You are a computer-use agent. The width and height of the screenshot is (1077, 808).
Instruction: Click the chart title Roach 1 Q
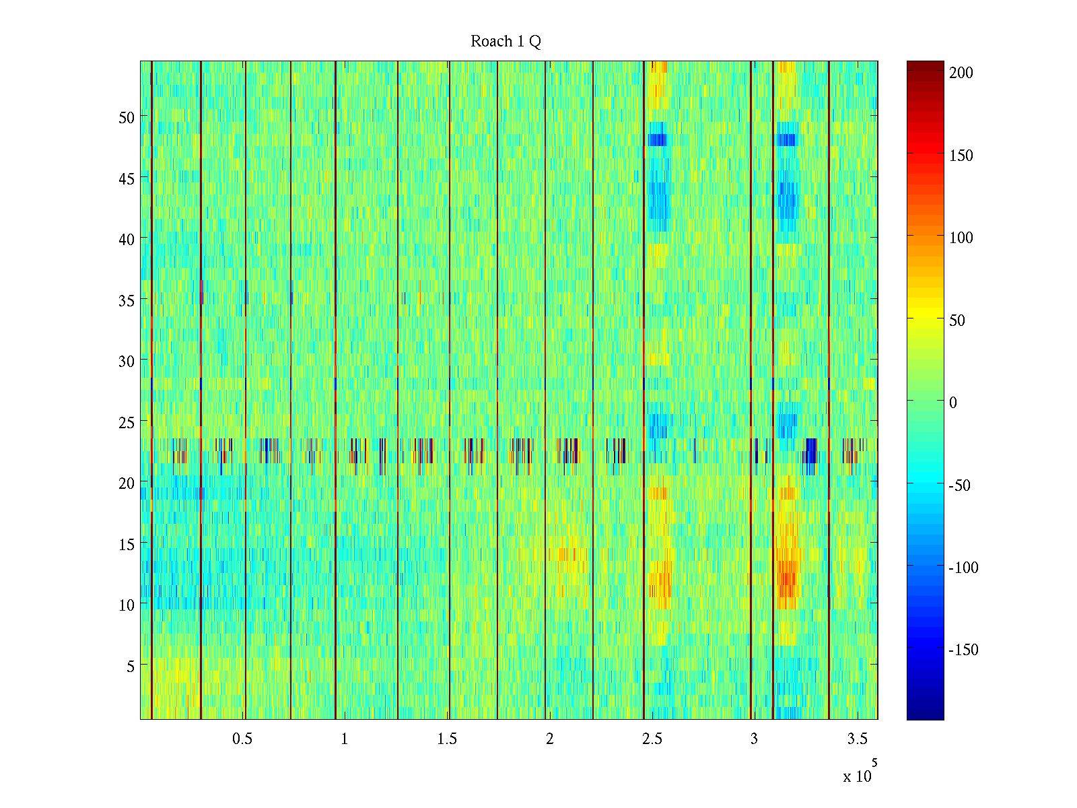coord(506,42)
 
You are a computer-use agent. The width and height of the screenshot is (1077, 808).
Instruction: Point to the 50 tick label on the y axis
coord(127,117)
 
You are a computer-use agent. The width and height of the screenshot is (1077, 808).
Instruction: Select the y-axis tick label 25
coord(127,422)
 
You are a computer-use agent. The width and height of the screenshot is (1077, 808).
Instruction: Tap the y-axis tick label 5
coord(131,666)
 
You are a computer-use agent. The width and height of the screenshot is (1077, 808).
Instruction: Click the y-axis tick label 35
coord(127,300)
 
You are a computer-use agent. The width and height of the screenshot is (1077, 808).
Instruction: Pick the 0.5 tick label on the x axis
coord(242,739)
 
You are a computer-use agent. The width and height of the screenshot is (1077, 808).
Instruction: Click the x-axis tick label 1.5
coord(447,739)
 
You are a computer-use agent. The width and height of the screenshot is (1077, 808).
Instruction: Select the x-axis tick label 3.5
coord(857,739)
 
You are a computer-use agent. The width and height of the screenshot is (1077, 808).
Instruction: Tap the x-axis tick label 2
coord(550,739)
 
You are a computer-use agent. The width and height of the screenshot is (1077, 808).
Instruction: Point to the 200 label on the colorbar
coord(961,73)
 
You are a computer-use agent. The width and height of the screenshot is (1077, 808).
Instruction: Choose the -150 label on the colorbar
coord(963,650)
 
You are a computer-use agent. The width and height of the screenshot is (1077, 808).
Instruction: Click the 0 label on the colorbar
coord(952,403)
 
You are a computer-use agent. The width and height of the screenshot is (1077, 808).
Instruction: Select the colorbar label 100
coord(961,238)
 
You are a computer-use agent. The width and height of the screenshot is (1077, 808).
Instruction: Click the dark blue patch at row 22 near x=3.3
coord(811,450)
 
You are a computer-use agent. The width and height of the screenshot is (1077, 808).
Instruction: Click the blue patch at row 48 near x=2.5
coord(657,139)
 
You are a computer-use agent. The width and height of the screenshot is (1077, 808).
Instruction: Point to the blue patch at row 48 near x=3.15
coord(786,139)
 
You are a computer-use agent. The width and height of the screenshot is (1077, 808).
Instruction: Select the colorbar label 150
coord(961,156)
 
